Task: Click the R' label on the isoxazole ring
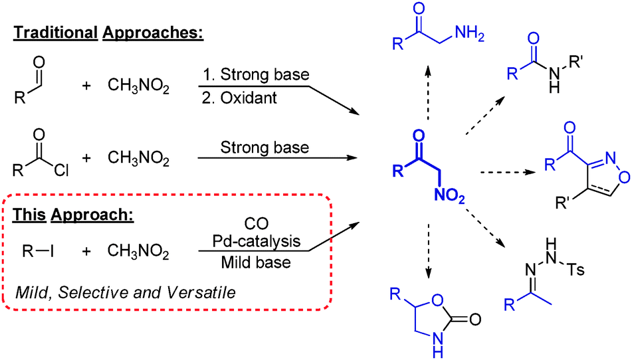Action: pyautogui.click(x=552, y=199)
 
